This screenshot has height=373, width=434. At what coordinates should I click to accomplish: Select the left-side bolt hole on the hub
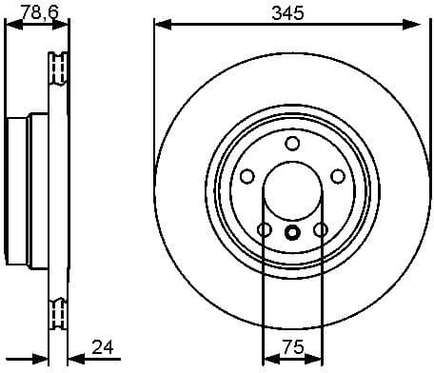[x=247, y=176]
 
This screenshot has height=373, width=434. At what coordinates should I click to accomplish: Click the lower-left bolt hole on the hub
[x=265, y=229]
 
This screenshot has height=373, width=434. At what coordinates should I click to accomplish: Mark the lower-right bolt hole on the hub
[x=321, y=229]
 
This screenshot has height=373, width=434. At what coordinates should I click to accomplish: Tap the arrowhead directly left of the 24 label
[x=77, y=360]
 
